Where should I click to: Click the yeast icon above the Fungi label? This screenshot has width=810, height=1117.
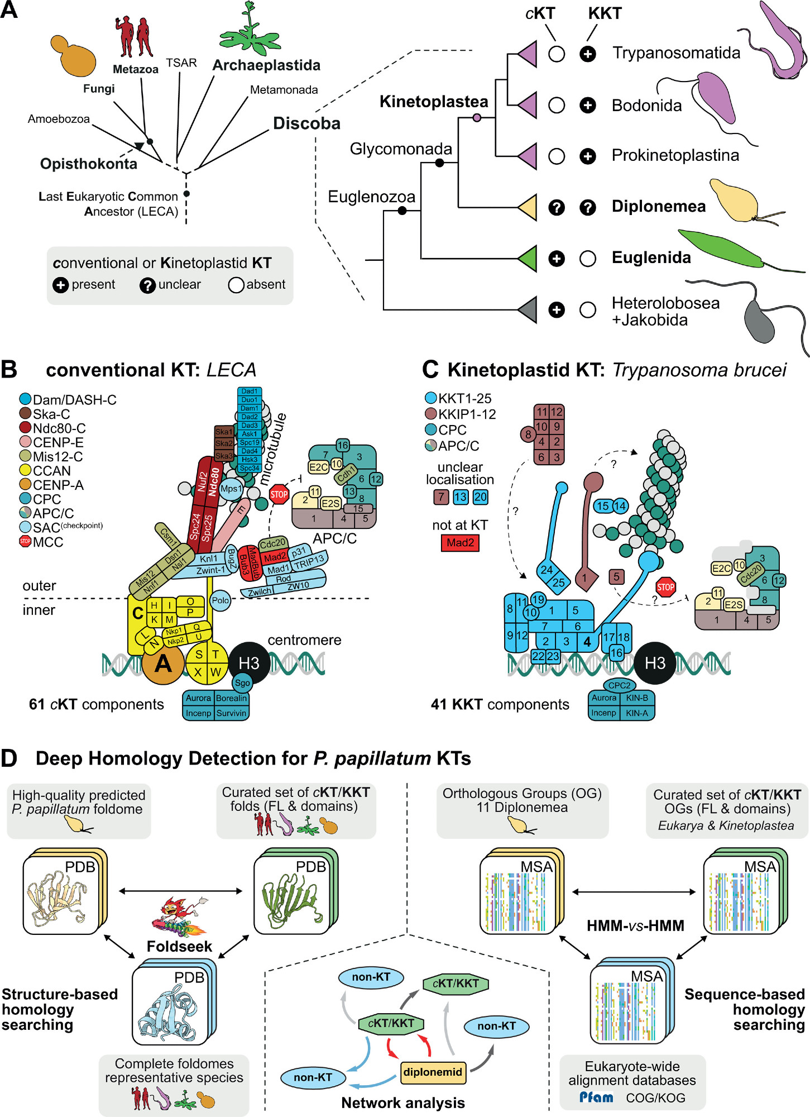point(73,56)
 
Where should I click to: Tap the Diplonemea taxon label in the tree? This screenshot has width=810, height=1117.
point(658,207)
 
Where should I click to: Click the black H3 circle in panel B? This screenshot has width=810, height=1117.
point(249,663)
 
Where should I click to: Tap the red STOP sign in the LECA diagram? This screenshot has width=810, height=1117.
point(279,494)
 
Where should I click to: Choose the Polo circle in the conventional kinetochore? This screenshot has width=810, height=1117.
point(221,600)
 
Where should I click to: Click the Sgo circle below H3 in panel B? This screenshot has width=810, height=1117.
point(242,682)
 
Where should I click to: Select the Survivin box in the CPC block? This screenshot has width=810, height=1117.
point(232,713)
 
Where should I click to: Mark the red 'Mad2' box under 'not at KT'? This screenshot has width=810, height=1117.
point(460,542)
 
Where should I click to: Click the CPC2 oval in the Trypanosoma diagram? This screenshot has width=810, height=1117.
point(620,685)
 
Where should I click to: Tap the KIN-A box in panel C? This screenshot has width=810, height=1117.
point(637,713)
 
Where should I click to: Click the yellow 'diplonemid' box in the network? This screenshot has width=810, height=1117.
point(433,1072)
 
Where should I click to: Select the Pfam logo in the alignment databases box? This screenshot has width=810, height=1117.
point(596,1097)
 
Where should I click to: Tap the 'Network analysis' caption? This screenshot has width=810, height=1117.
point(403,1103)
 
